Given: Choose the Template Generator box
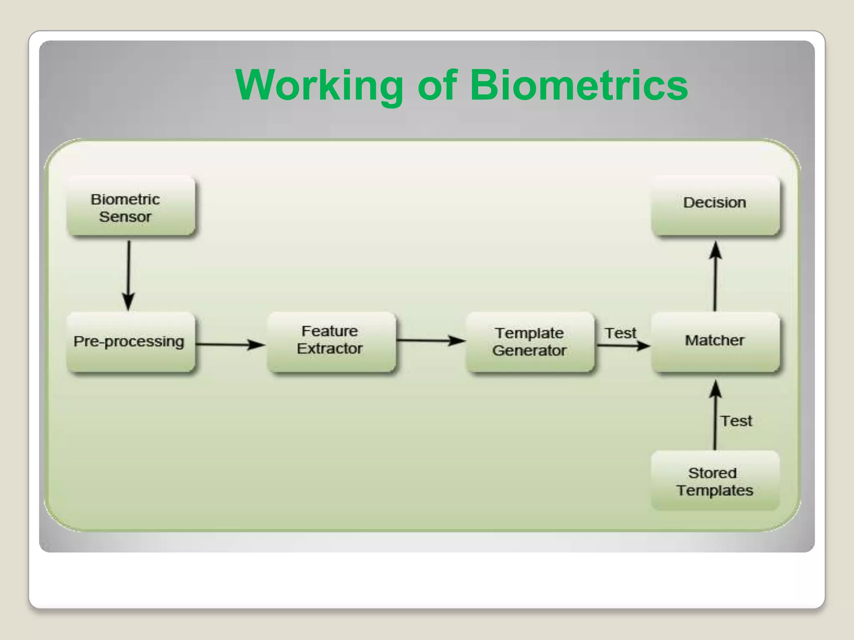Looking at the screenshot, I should coord(530,342).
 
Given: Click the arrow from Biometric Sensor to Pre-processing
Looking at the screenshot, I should coord(128,275).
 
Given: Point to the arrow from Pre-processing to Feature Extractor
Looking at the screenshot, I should coord(230,345).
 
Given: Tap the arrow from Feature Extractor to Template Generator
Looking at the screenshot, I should coord(430,340).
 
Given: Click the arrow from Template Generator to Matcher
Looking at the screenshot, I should coord(623,345).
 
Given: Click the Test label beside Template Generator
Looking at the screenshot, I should coord(620,333).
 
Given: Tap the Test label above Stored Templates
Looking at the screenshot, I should coord(736,421).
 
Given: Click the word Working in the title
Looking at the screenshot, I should coord(319,86).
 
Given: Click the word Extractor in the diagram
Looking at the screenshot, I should coord(329,349).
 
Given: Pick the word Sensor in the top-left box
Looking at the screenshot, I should coord(125,217).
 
